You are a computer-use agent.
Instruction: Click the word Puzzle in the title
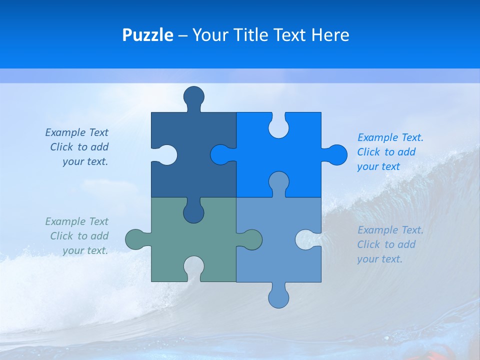point(147,35)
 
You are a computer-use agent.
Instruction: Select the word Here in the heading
point(329,35)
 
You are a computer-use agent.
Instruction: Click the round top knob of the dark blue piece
point(193,96)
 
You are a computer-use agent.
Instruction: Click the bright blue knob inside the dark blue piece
point(220,154)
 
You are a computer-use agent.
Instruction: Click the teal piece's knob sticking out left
point(135,239)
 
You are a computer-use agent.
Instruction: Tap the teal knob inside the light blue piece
point(251,239)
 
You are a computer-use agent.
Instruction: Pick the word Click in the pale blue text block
point(368,244)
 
